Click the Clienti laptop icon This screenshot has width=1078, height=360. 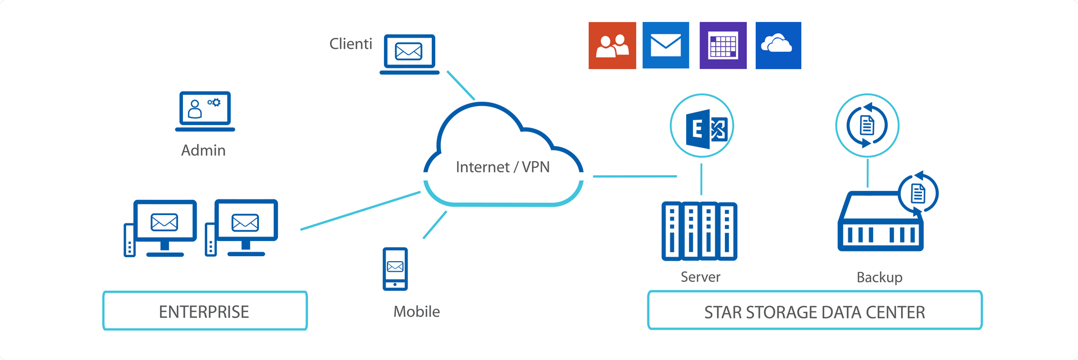point(409,54)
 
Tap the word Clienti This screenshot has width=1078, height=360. point(350,44)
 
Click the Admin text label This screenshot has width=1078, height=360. point(203,151)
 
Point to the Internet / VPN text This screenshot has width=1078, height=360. point(503,167)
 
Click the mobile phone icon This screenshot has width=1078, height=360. point(395,269)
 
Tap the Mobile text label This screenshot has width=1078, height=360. point(417,312)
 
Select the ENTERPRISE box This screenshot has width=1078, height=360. point(205,311)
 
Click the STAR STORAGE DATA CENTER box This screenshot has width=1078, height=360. point(815,311)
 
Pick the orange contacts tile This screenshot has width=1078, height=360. point(612,45)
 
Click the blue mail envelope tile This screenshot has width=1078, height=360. point(666,45)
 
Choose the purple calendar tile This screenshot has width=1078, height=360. point(723,45)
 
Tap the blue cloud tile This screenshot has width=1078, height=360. point(778,45)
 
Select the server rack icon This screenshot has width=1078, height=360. point(700,231)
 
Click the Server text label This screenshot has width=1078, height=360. point(700,277)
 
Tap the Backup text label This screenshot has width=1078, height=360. point(879,277)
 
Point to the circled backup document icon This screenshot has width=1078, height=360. point(867,125)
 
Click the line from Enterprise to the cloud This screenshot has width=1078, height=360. point(360,211)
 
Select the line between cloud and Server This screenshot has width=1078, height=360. point(634,176)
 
